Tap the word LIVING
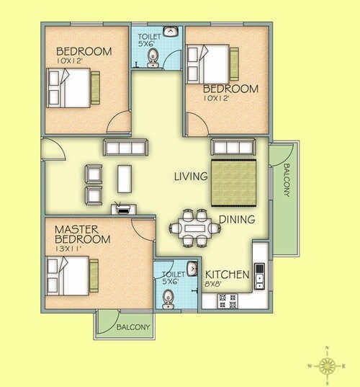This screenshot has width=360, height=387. coord(191,176)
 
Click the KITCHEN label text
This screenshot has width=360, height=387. coord(228,275)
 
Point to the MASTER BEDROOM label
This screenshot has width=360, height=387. coord(83,234)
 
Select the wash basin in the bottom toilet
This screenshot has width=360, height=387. coord(192,270)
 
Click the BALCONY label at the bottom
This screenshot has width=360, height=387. coord(134,328)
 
